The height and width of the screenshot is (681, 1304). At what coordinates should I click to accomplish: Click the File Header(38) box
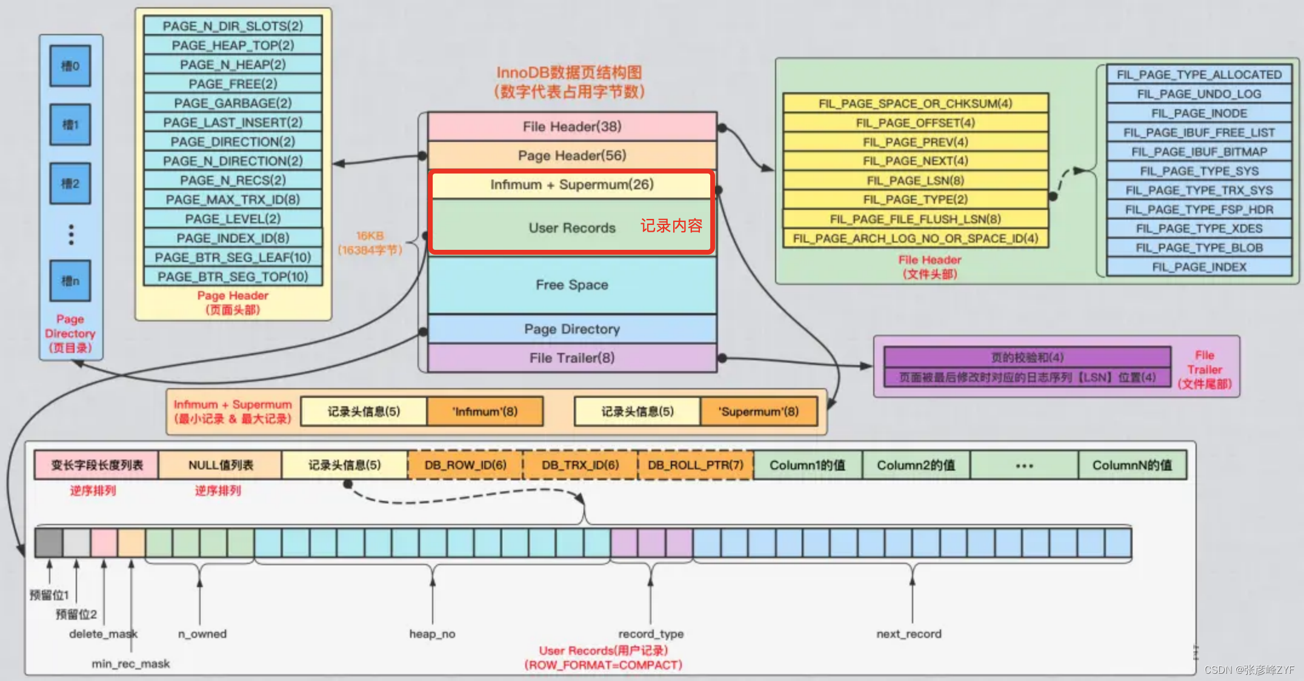click(x=572, y=127)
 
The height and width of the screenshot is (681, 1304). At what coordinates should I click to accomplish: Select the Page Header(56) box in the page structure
click(x=572, y=156)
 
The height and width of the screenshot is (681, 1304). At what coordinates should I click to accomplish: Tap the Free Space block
click(x=572, y=285)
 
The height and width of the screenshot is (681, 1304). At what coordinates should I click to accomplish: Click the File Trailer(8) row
click(x=572, y=358)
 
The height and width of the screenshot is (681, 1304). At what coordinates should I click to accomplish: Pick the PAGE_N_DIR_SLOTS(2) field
click(x=233, y=26)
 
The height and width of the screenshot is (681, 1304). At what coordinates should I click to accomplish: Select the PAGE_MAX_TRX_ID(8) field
click(x=233, y=200)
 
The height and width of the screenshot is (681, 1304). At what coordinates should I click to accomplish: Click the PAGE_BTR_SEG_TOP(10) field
click(x=233, y=277)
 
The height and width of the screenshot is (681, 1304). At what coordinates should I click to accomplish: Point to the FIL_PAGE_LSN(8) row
click(x=915, y=181)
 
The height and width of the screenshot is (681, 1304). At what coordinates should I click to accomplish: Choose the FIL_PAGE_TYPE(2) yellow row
click(x=915, y=200)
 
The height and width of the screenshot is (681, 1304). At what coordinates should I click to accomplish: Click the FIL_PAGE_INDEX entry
click(x=1199, y=267)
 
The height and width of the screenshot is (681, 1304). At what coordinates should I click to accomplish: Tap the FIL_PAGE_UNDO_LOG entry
click(x=1199, y=94)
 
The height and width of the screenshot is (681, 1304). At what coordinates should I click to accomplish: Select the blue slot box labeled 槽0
click(x=70, y=65)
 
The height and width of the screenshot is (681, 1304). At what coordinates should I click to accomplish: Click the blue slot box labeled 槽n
click(x=70, y=281)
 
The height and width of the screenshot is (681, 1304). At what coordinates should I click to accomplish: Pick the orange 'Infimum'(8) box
click(x=485, y=412)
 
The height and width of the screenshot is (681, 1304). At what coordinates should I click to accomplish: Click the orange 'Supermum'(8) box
click(x=758, y=412)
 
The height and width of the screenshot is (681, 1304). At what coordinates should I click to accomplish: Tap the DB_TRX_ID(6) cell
click(x=580, y=465)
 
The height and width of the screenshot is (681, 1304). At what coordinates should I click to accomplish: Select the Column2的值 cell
click(x=916, y=465)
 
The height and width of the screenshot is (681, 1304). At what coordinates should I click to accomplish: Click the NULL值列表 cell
click(x=221, y=465)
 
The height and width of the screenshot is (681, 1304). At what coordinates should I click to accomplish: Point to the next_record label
click(x=909, y=634)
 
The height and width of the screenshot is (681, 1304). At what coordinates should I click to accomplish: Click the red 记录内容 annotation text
click(x=671, y=226)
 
